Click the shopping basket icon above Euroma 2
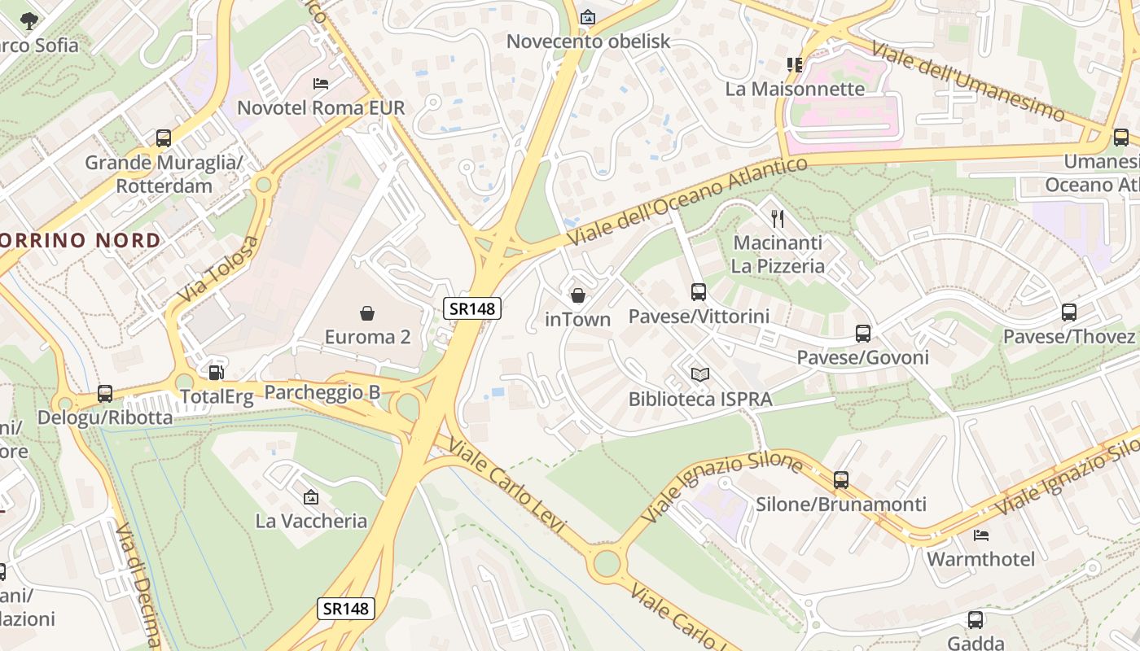(x=367, y=312)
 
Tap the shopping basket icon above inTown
(x=577, y=295)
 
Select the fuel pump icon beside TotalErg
(x=217, y=373)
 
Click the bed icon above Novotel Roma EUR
(x=321, y=83)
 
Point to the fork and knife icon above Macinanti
(x=778, y=218)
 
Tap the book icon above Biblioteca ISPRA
(x=700, y=374)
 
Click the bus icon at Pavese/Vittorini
(x=698, y=291)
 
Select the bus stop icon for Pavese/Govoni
(x=862, y=333)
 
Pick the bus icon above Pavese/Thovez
(x=1068, y=312)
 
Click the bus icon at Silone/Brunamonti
(x=841, y=479)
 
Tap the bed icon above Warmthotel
(x=980, y=535)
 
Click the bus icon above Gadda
(x=975, y=620)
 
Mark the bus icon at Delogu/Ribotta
(x=105, y=394)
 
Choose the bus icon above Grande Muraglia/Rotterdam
(x=164, y=138)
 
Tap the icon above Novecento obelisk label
(x=588, y=17)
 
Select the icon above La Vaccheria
(x=310, y=496)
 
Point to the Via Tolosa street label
(x=217, y=269)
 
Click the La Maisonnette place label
(x=795, y=89)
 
